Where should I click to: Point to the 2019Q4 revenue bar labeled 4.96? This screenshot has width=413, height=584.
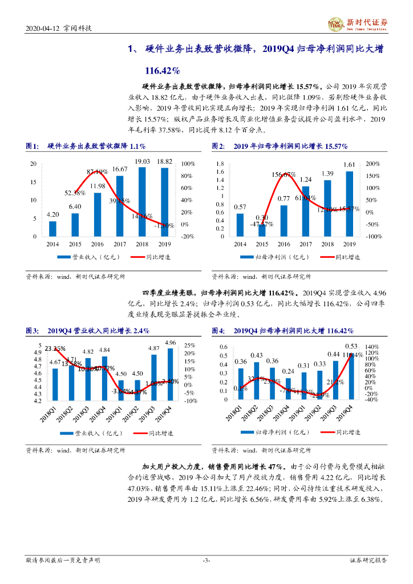[169, 374]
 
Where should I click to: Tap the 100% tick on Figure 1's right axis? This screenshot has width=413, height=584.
[188, 164]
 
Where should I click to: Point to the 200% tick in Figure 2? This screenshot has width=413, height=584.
[373, 164]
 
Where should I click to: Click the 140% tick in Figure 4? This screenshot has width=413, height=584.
[371, 347]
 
